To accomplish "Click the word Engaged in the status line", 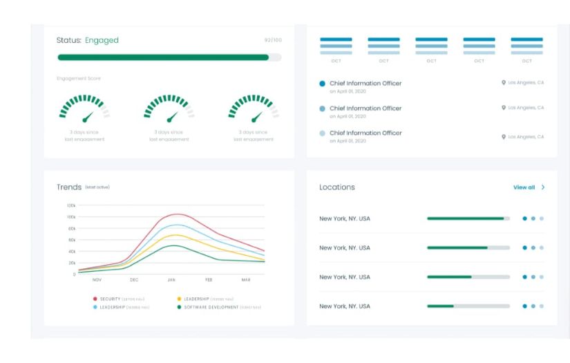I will [x=102, y=40].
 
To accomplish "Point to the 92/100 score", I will [x=273, y=40].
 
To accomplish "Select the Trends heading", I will [x=68, y=187].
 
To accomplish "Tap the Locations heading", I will [x=337, y=187].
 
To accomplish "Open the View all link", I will [x=524, y=187].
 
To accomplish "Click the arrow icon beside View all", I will [x=543, y=187].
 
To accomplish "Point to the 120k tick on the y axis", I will [x=70, y=205].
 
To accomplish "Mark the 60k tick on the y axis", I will [x=71, y=240].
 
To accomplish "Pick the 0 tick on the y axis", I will [x=74, y=274].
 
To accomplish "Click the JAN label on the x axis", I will [x=171, y=280].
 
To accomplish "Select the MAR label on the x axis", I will [x=246, y=280].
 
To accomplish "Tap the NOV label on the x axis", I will [x=97, y=280].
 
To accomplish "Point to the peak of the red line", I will [x=178, y=214].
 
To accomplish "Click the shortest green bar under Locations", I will [x=440, y=306].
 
